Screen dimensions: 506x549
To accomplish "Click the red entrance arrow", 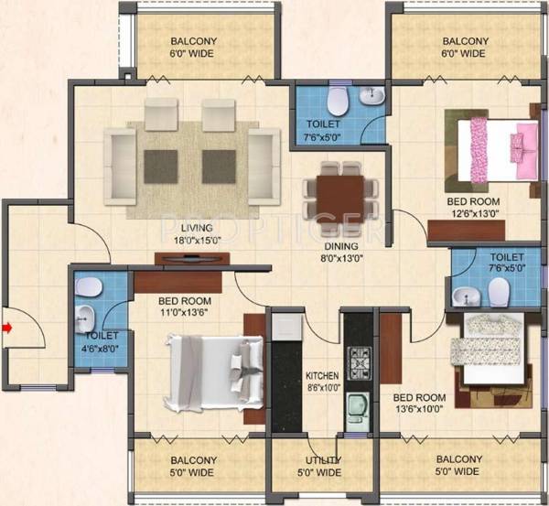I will click(7, 327).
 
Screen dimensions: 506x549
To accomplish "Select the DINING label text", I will click(339, 245).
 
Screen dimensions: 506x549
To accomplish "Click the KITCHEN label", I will click(323, 376).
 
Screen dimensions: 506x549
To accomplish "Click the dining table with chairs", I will click(339, 190).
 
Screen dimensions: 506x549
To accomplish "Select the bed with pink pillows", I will click(493, 147).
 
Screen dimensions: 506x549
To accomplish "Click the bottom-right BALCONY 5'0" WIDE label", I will click(458, 465).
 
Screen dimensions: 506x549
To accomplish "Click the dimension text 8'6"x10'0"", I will click(323, 388).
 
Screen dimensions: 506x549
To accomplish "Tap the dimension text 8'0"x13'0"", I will click(339, 257).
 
